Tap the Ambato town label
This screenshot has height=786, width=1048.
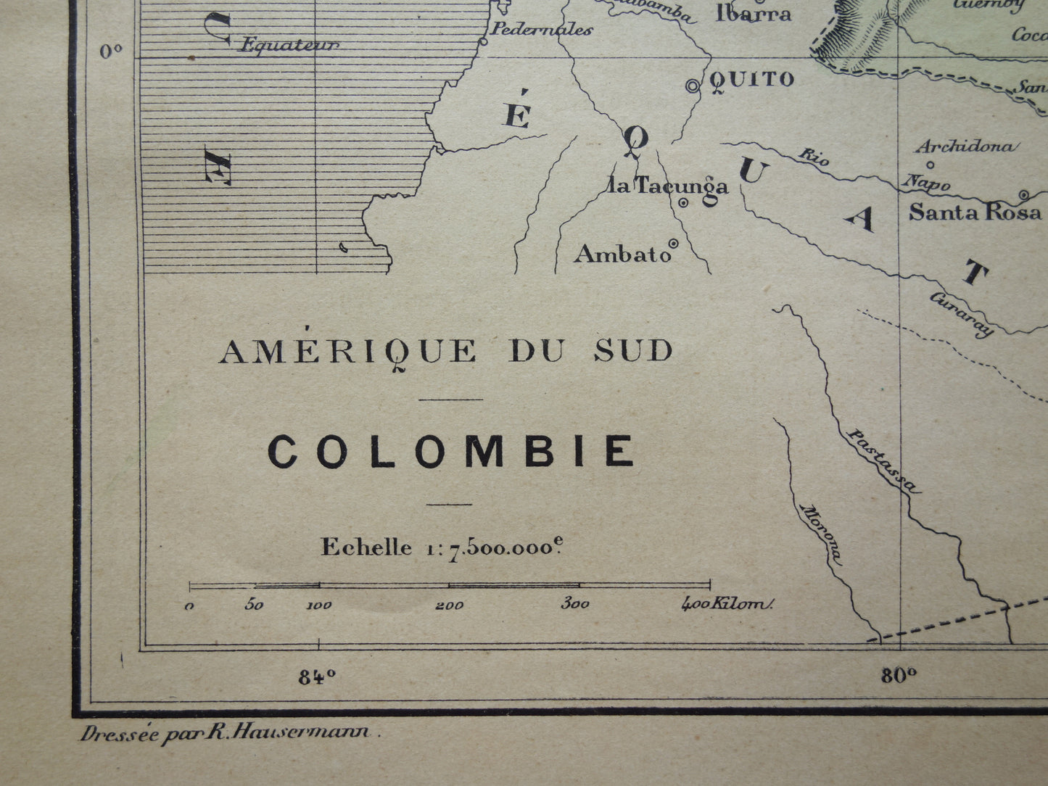coord(622,255)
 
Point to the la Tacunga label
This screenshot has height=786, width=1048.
coord(668,186)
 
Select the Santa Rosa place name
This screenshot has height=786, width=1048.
coord(975,212)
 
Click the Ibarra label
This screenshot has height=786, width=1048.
coord(753,13)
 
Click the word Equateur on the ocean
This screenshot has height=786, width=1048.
coord(289,46)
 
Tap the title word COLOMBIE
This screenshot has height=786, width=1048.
coord(451,452)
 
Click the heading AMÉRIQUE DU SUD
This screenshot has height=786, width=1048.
coord(446,352)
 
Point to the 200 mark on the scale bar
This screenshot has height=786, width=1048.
coord(449,605)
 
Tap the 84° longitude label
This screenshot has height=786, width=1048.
coord(317,677)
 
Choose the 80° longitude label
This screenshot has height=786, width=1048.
coord(899,677)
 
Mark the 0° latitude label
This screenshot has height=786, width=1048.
coord(111,51)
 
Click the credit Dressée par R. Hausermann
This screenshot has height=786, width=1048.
coord(231,733)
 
